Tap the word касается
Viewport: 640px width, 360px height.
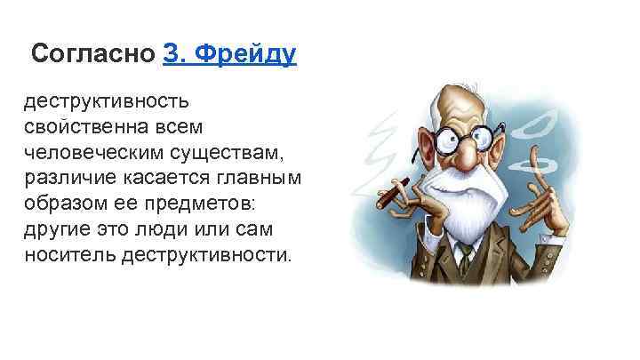coord(164,180)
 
